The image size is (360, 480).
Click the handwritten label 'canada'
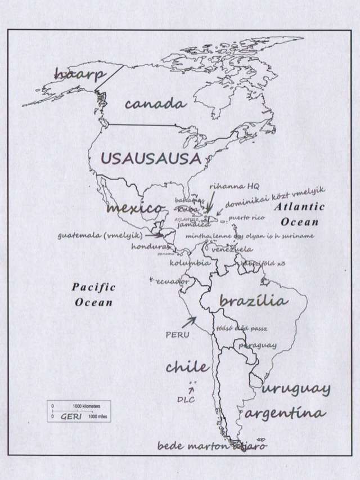pyautogui.click(x=155, y=104)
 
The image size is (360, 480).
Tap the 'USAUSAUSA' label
pyautogui.click(x=151, y=158)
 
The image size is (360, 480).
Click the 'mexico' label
pyautogui.click(x=134, y=208)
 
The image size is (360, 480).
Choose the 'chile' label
pyautogui.click(x=187, y=367)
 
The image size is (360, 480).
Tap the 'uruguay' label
pyautogui.click(x=296, y=388)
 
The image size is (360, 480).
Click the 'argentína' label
pyautogui.click(x=285, y=414)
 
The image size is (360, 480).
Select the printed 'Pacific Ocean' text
pyautogui.click(x=94, y=294)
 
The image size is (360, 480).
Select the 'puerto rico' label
pyautogui.click(x=246, y=217)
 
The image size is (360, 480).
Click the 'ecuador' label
pyautogui.click(x=172, y=281)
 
